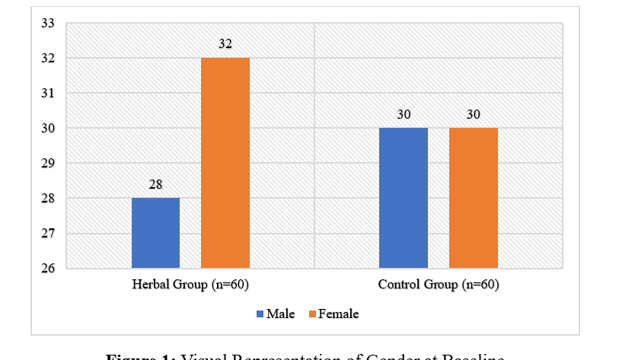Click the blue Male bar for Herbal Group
pos(155,233)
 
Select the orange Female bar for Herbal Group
pos(225,163)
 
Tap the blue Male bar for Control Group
pos(403,198)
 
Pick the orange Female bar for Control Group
pos(473,198)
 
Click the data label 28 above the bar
pos(155,184)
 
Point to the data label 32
pos(225,44)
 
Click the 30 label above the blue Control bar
pos(403,114)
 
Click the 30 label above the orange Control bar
pos(473,114)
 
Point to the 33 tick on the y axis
pos(48,24)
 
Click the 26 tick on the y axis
pos(48,269)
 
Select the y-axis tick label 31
pos(48,94)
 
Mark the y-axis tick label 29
pos(48,164)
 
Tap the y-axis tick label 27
pos(48,234)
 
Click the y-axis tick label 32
pos(48,59)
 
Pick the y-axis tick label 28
pos(48,199)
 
